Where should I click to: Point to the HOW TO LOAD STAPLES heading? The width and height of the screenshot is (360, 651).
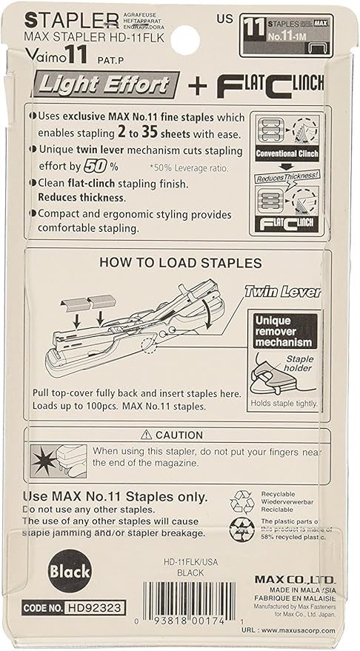(180, 262)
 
